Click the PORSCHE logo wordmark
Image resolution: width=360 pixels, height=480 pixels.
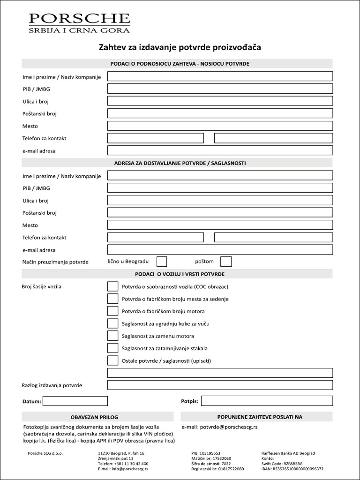coord(79,18)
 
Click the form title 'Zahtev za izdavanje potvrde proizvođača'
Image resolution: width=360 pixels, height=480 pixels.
coord(180,47)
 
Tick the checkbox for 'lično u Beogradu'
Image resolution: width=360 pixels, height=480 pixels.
coord(161,262)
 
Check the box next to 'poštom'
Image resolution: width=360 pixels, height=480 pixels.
coord(226,262)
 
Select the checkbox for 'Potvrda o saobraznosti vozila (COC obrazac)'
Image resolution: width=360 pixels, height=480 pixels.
coord(112,286)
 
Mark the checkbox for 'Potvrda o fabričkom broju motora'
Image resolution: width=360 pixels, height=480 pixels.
coord(112,311)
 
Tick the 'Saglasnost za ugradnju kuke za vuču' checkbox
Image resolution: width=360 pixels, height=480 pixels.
coord(112,323)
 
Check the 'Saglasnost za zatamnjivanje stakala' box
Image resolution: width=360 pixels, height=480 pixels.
coord(112,348)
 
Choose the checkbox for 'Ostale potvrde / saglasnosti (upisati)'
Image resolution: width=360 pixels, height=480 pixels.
coord(112,360)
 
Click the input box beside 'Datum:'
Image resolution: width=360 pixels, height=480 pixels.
coord(75,401)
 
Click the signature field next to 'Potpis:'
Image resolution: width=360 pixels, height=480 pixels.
coord(267,401)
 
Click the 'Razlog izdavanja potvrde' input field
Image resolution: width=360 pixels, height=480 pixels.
coord(220,385)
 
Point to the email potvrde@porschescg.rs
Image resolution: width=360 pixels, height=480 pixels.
coord(219,427)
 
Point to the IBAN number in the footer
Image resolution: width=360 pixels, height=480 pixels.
coord(292,469)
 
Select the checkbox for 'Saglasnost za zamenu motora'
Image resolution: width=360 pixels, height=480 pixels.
coord(112,336)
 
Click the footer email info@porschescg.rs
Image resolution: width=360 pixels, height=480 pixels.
coord(123,469)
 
